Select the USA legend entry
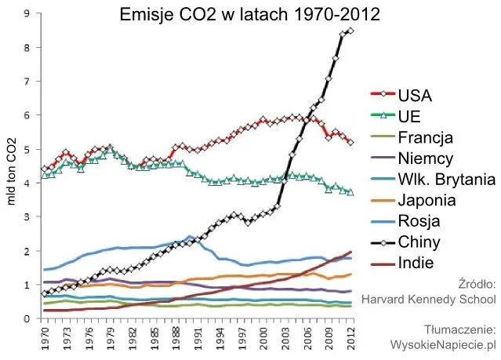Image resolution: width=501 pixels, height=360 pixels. tap(416, 97)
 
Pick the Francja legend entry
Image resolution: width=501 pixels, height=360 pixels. tap(426, 138)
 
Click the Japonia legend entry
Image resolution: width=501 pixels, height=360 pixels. tap(428, 200)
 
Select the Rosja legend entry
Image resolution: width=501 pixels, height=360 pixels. tap(419, 220)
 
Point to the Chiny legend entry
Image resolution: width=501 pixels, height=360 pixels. tap(419, 242)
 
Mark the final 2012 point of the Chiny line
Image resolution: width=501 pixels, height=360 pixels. tap(350, 31)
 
